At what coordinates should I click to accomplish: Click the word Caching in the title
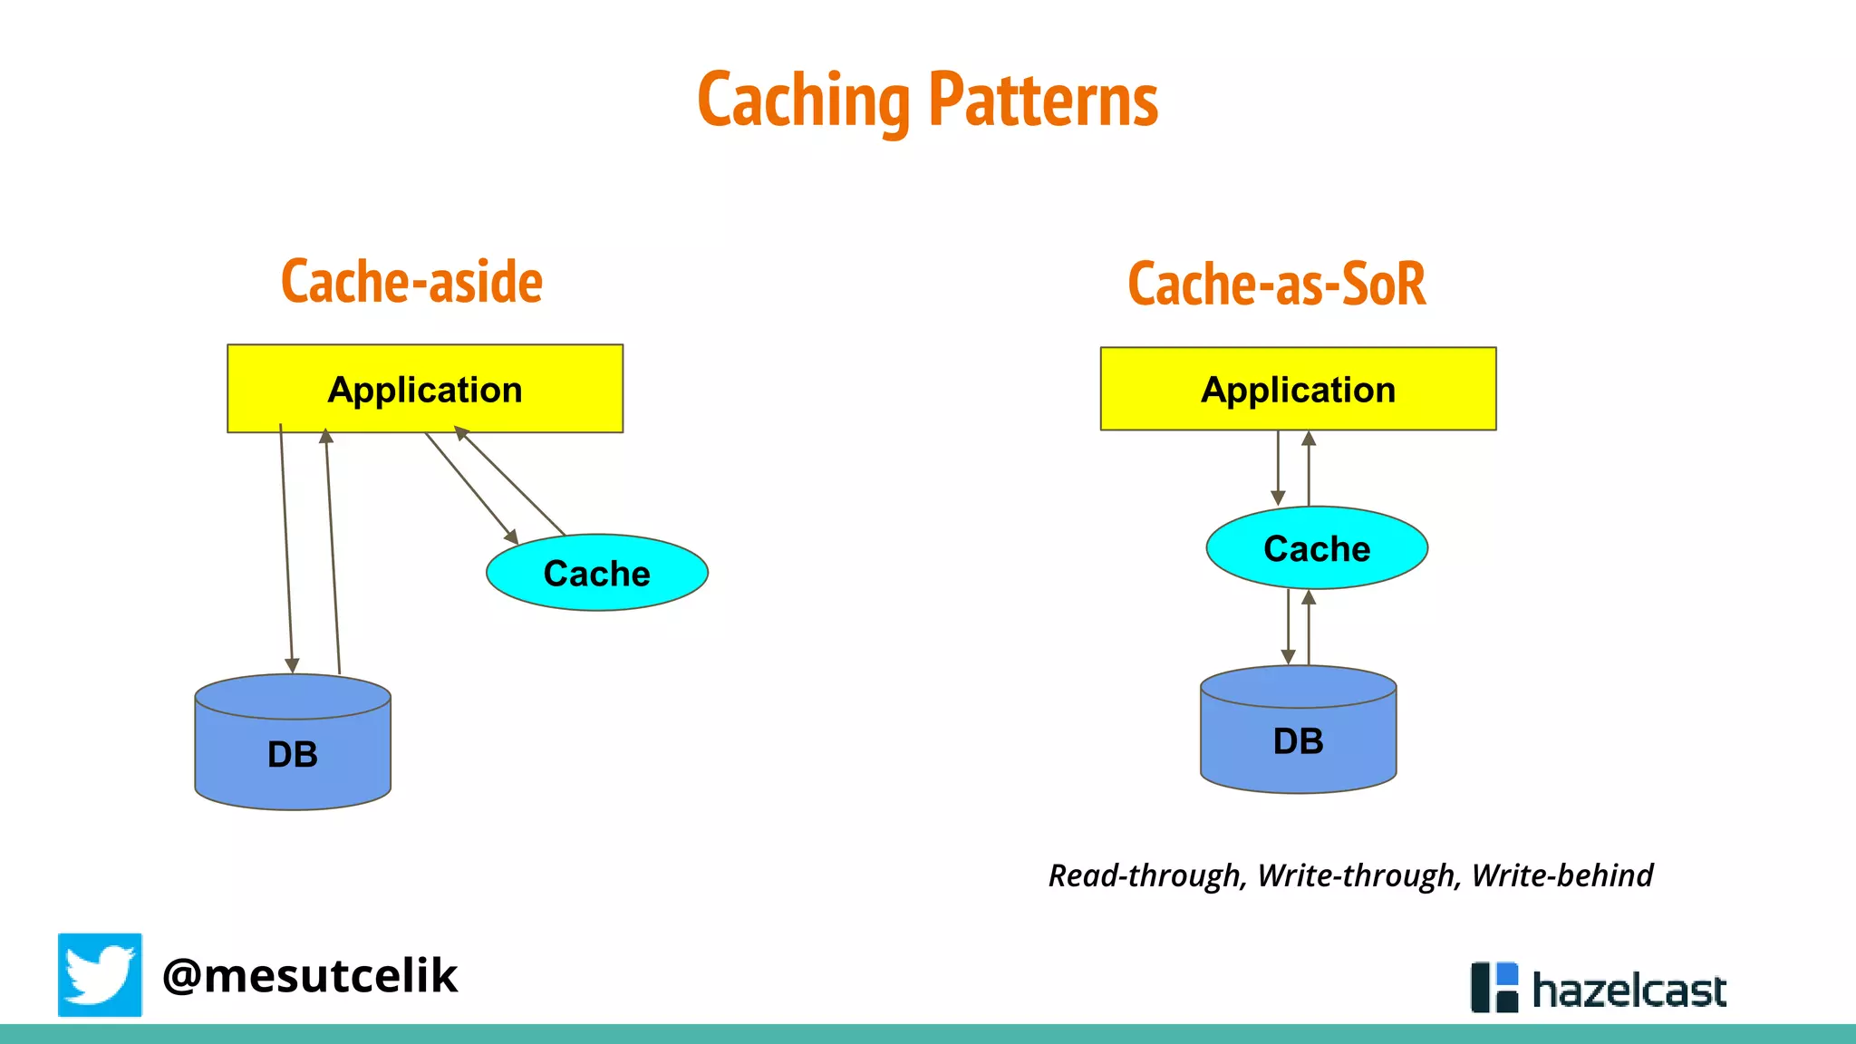pyautogui.click(x=803, y=101)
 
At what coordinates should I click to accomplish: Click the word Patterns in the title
pyautogui.click(x=1043, y=101)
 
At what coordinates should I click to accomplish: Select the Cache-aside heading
pyautogui.click(x=411, y=282)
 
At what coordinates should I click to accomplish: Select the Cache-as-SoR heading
pyautogui.click(x=1276, y=284)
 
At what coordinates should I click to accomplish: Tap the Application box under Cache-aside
pyautogui.click(x=424, y=389)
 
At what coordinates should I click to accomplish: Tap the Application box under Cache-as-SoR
pyautogui.click(x=1298, y=389)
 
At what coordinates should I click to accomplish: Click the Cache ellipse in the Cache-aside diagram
pyautogui.click(x=596, y=573)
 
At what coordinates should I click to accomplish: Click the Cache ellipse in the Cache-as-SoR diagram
pyautogui.click(x=1316, y=548)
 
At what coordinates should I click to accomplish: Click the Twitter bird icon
pyautogui.click(x=100, y=974)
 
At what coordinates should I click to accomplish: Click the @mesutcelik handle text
pyautogui.click(x=310, y=975)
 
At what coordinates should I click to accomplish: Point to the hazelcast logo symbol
pyautogui.click(x=1493, y=987)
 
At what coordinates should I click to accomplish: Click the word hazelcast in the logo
pyautogui.click(x=1629, y=990)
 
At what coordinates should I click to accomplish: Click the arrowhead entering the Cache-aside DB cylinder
pyautogui.click(x=292, y=665)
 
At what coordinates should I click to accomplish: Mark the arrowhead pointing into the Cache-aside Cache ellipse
pyautogui.click(x=511, y=536)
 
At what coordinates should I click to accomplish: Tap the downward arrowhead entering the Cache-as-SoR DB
pyautogui.click(x=1288, y=657)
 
